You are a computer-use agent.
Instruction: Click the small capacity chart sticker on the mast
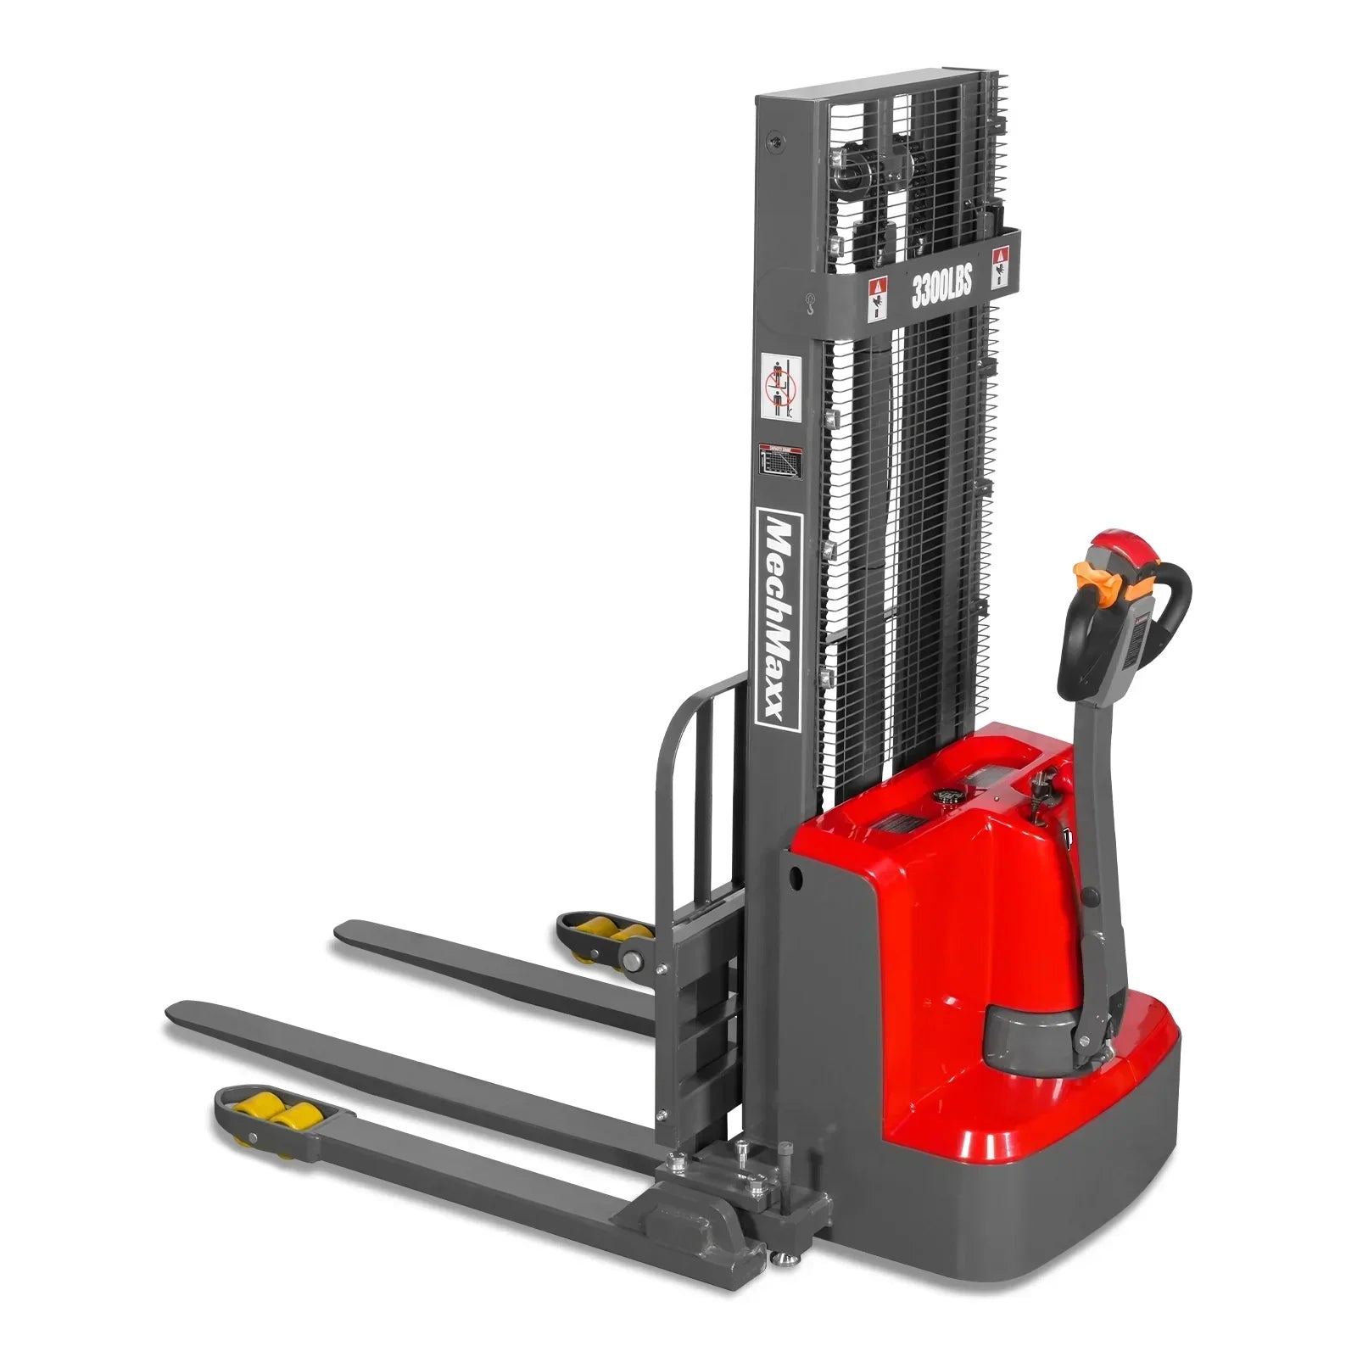(776, 461)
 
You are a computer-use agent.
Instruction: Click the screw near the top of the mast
(773, 142)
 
